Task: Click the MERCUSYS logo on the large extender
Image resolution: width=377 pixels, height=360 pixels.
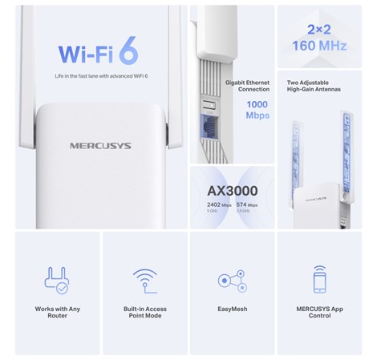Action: click(100, 146)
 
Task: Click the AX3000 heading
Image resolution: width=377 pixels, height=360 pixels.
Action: click(232, 191)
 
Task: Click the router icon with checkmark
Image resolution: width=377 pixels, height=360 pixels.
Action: click(57, 280)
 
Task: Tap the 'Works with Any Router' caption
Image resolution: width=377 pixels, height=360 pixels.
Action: click(57, 312)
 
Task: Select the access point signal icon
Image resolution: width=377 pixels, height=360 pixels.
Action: click(144, 280)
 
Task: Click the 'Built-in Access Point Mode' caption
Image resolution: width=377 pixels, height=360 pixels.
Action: click(144, 312)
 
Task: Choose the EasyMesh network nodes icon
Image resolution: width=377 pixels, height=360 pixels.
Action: click(232, 281)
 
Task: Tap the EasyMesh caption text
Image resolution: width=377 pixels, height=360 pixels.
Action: click(232, 309)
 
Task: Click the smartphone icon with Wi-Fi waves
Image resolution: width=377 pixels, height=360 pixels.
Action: click(319, 279)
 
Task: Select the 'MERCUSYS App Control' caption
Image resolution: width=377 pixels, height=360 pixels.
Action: click(319, 312)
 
